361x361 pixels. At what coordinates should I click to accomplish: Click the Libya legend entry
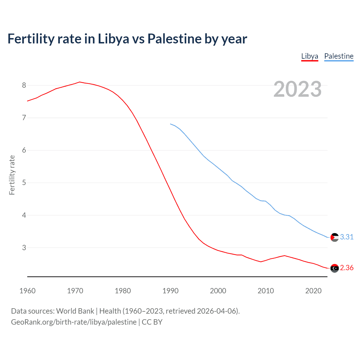pos(309,56)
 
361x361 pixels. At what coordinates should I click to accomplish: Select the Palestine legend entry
pos(339,56)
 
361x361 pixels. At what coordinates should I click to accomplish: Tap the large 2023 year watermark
pos(297,89)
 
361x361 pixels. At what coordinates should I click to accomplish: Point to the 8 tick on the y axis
pos(24,85)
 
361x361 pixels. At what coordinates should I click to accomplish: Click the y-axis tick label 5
pos(24,183)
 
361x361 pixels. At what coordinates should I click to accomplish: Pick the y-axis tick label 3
pos(24,248)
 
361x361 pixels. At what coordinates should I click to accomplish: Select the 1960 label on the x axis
pos(27,291)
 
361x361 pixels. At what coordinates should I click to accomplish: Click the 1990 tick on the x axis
pos(170,291)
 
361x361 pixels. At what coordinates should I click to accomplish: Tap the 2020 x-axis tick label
pos(313,291)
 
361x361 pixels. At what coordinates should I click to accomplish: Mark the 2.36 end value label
pos(347,268)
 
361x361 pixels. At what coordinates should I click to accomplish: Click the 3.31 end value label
pos(347,237)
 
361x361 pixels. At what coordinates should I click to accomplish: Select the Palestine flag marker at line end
pos(334,237)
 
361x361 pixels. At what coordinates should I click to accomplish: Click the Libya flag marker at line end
pos(334,268)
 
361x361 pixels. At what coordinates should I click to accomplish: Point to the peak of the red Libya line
pos(80,82)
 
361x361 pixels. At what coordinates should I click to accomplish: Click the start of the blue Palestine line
pos(170,124)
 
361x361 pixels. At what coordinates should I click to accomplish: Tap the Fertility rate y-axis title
pos(12,175)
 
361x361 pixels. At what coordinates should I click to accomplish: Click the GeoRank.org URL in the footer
pos(74,322)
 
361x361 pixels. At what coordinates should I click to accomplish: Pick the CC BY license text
pos(152,322)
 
